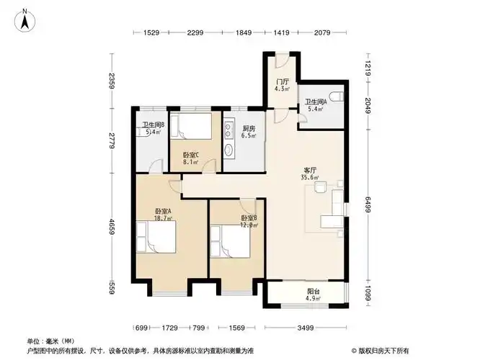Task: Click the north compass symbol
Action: pos(25,20)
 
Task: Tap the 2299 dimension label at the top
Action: pos(195,32)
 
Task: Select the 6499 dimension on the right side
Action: pos(368,204)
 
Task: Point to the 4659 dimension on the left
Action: pos(112,227)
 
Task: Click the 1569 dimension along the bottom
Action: pos(236,328)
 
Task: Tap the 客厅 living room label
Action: pos(310,171)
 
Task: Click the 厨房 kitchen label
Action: pos(249,129)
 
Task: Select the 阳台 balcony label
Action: pos(314,292)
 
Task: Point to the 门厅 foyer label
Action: pos(282,82)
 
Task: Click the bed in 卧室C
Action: pos(191,126)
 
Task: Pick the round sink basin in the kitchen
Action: pos(228,150)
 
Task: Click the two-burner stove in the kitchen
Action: pos(228,130)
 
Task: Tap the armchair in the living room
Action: pos(320,187)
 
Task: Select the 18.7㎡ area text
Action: pos(163,218)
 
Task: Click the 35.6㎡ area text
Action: pos(310,177)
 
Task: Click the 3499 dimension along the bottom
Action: pos(305,328)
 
